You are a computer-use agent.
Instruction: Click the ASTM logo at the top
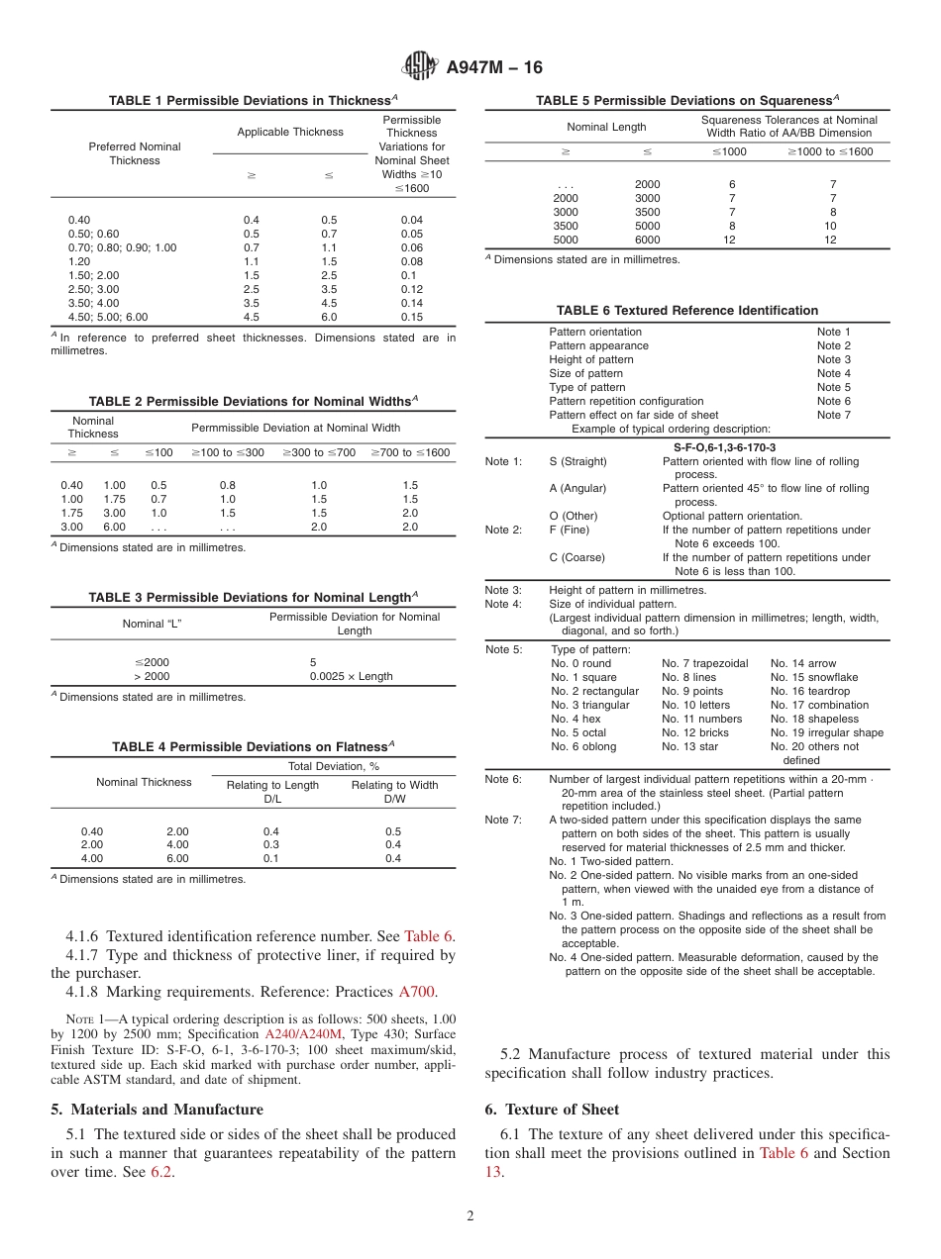click(x=420, y=67)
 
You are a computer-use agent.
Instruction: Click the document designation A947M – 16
click(x=494, y=68)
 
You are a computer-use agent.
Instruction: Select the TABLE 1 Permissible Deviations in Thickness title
click(x=253, y=100)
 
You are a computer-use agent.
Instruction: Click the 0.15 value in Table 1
click(x=411, y=317)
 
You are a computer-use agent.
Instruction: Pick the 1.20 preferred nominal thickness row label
click(x=80, y=261)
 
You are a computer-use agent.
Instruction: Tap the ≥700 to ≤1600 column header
click(x=410, y=452)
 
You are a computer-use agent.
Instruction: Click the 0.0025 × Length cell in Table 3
click(x=351, y=676)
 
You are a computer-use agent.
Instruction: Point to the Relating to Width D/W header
click(x=394, y=792)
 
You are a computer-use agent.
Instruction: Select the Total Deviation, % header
click(x=333, y=766)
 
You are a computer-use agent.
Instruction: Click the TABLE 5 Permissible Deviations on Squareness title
click(x=687, y=100)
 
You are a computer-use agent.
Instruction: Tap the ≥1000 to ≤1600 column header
click(x=830, y=151)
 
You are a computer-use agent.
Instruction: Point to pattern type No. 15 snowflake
click(x=814, y=677)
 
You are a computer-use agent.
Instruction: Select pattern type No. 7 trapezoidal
click(x=704, y=663)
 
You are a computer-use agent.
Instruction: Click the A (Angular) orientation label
click(x=577, y=488)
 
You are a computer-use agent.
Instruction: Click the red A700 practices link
click(x=416, y=992)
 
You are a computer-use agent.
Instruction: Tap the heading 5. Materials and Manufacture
click(x=157, y=1109)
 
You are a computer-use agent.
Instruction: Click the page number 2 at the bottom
click(x=470, y=1216)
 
